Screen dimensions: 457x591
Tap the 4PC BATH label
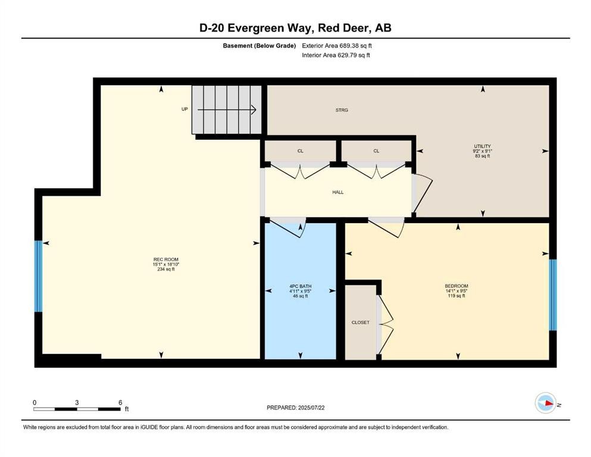point(300,286)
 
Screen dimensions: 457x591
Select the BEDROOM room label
point(456,286)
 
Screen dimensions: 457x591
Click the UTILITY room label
point(482,146)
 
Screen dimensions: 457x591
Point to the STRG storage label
point(342,110)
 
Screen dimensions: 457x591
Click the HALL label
point(338,192)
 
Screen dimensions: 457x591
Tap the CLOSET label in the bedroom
point(360,323)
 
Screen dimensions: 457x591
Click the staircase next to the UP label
point(227,110)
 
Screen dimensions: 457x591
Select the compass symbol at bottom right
point(545,403)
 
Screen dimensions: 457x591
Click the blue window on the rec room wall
point(39,276)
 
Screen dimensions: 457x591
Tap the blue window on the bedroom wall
point(552,295)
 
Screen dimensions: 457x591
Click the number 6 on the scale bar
point(120,402)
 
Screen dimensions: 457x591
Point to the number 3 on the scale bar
point(77,402)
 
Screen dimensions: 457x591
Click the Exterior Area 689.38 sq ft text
point(337,45)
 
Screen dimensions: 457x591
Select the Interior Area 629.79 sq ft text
point(336,55)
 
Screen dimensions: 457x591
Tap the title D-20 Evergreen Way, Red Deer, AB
point(295,28)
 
